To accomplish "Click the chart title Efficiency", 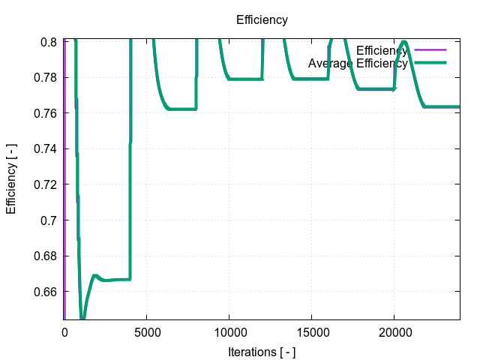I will [262, 19].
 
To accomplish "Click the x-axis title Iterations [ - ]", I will [262, 350].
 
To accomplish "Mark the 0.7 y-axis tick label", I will [49, 220].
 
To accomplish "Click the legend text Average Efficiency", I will [358, 64].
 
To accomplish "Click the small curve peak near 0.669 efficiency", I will [95, 276].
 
